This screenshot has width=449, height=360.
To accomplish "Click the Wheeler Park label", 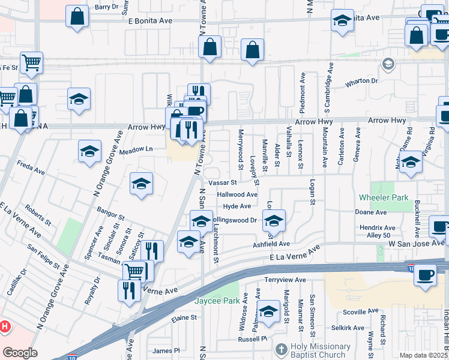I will coord(384,197).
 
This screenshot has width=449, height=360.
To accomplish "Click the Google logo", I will coord(20,353).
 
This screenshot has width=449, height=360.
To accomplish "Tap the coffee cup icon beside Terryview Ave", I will coord(425,275).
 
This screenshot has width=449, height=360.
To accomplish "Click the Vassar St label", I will coord(223,182).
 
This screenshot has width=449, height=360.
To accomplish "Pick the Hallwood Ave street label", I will coord(237,194).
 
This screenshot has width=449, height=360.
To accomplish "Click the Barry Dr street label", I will coord(107,7).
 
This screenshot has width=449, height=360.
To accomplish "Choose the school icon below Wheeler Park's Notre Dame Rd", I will coord(411,161).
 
